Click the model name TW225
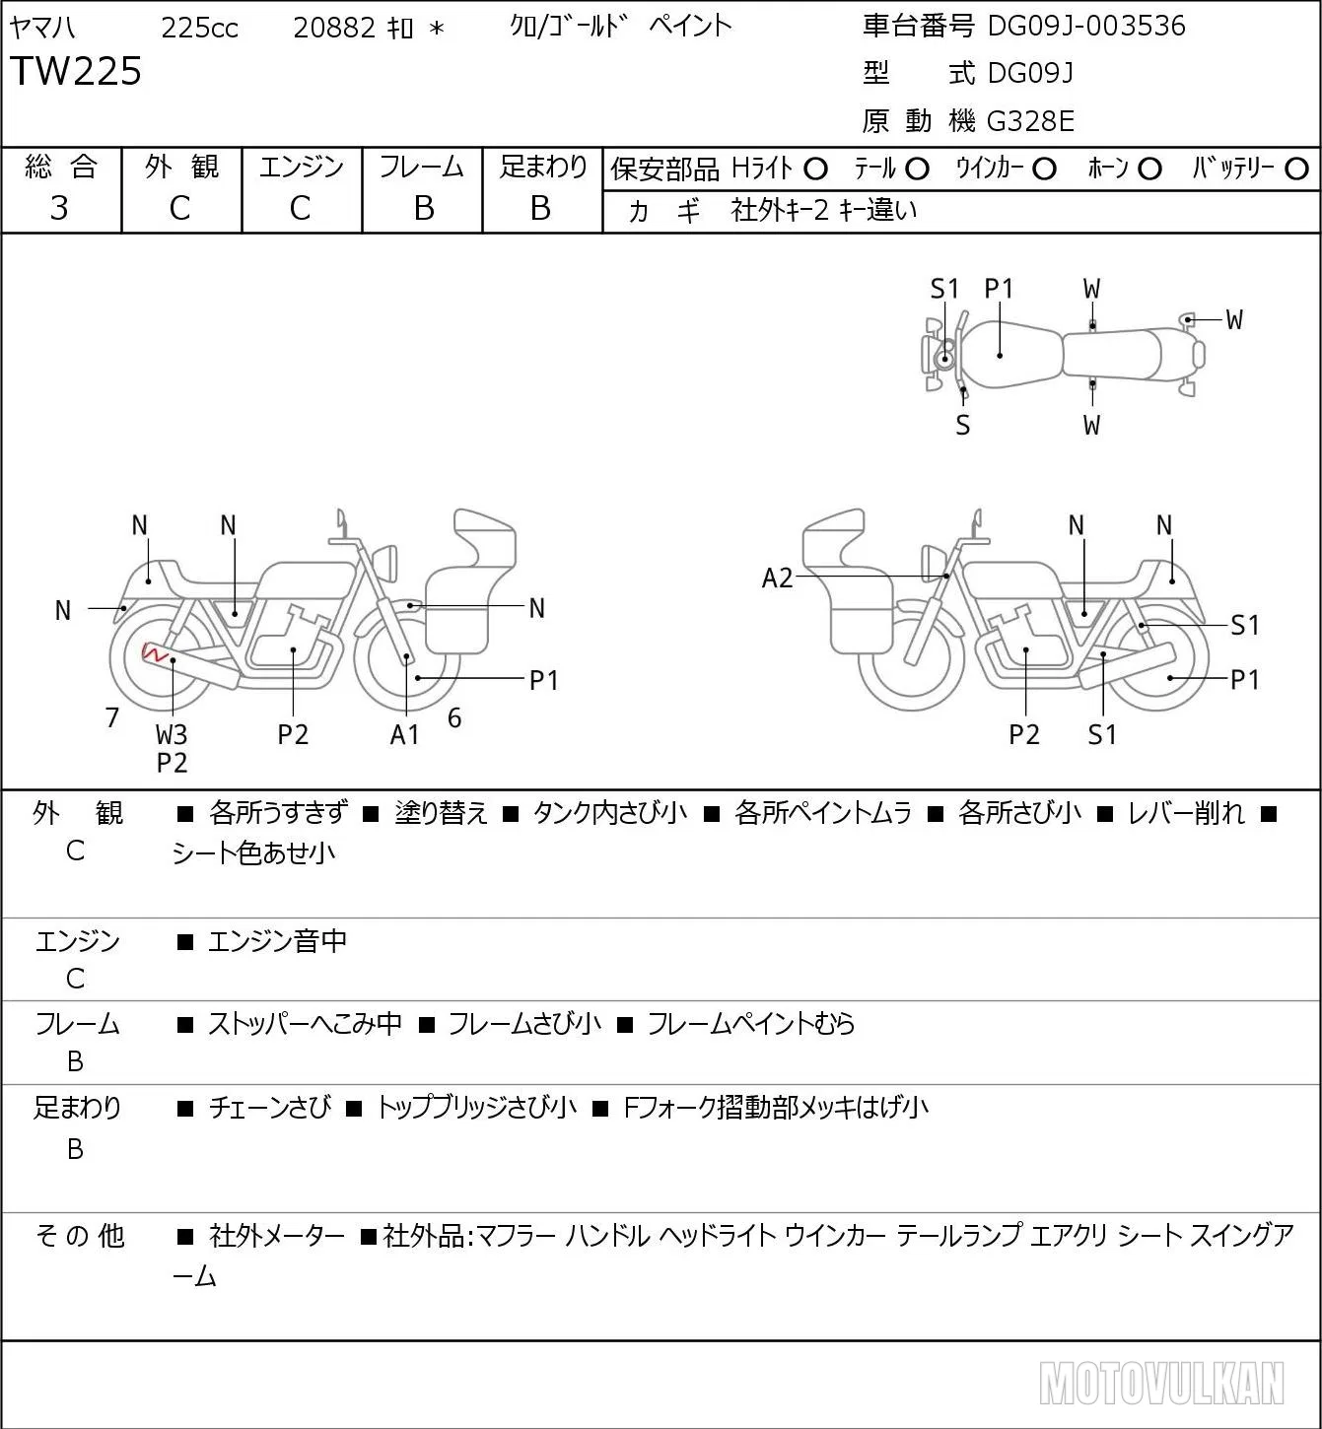coord(76,71)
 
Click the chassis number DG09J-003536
coord(1085,26)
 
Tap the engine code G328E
coord(1030,121)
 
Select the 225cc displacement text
coord(199,28)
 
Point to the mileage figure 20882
coord(334,28)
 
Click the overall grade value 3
coord(59,208)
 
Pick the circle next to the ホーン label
coord(1149,170)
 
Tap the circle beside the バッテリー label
coord(1296,170)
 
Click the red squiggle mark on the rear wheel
coord(155,652)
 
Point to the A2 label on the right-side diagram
coord(777,578)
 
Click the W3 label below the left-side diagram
coord(172,734)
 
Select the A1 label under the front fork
coord(404,734)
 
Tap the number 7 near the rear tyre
coord(111,717)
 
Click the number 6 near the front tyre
coord(454,717)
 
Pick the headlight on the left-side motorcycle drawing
coord(385,563)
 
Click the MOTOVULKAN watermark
coord(1161,1383)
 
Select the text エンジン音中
coord(277,940)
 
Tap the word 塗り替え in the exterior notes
coord(441,813)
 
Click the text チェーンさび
coord(270,1108)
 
